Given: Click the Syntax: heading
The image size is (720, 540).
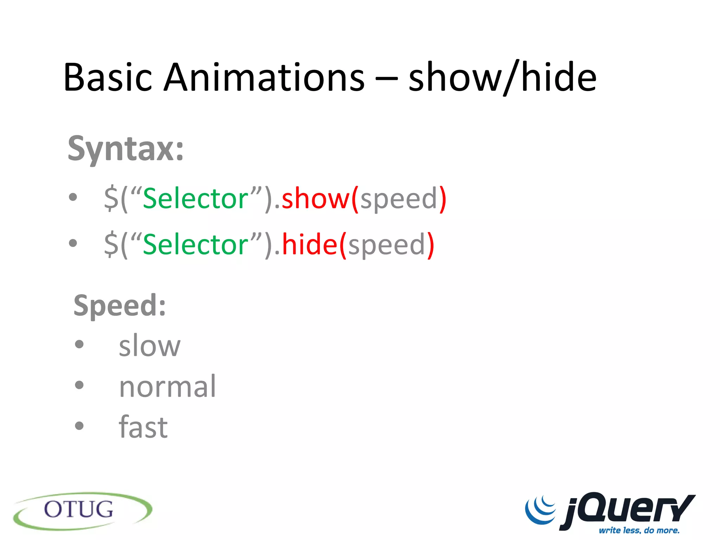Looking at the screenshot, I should [126, 149].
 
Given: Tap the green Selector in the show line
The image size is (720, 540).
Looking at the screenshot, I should [196, 199].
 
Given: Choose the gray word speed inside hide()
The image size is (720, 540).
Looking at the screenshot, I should [386, 245].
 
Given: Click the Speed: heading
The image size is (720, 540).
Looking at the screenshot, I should [120, 306].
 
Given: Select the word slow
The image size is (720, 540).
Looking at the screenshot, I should [149, 346].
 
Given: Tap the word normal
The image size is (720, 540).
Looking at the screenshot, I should [167, 387].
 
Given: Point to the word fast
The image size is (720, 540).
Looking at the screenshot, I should [143, 427].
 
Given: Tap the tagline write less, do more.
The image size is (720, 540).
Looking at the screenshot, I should [639, 530].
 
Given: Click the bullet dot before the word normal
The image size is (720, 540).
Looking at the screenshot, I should [79, 385].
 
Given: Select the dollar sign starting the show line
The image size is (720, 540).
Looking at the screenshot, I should [111, 199].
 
